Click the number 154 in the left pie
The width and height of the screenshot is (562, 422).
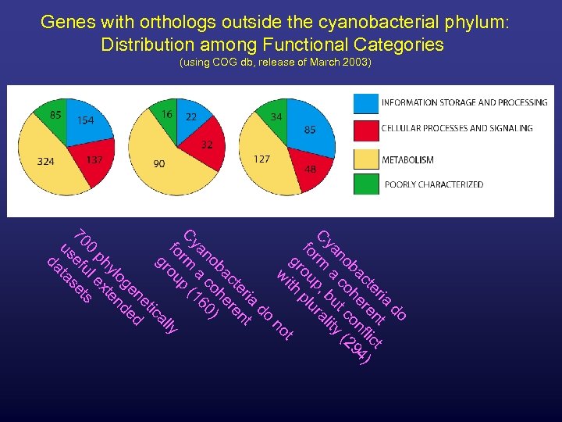point(86,120)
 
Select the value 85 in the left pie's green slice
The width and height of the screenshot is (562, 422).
point(56,116)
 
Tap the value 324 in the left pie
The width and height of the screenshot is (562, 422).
point(44,162)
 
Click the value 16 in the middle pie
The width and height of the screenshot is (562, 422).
point(166,114)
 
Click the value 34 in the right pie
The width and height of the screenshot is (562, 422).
point(276,116)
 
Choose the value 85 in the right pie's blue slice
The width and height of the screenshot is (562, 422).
point(310,130)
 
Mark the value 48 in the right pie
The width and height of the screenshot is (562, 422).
point(310,168)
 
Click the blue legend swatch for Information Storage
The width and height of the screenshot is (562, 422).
point(365,103)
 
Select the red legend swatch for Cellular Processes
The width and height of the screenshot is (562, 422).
point(365,130)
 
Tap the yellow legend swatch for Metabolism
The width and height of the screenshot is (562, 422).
point(365,159)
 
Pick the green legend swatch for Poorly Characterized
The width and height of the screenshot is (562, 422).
point(365,185)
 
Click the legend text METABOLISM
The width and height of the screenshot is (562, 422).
point(407,160)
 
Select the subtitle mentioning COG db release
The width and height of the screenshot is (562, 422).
point(276,63)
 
